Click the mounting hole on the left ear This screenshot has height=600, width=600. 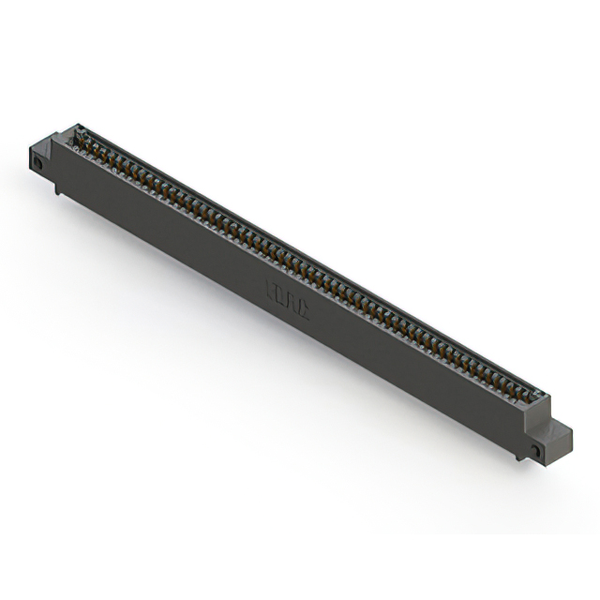click(x=39, y=161)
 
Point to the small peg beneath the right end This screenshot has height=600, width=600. click(x=518, y=457)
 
